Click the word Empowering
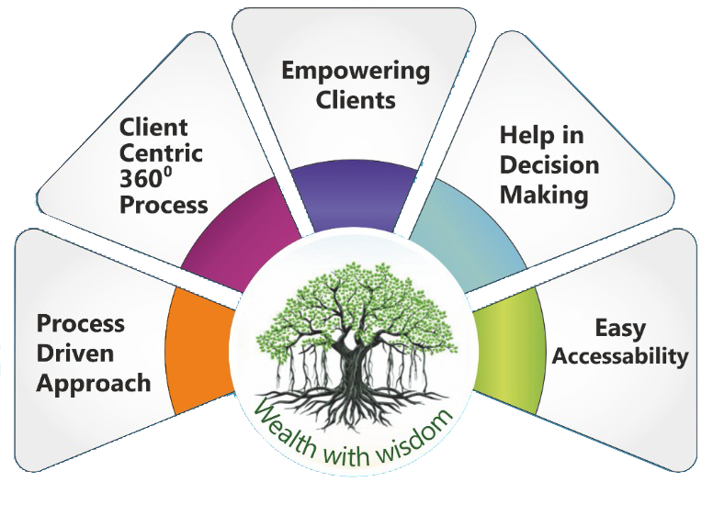coord(355,71)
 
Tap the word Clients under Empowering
coord(355,99)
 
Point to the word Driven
coord(76,353)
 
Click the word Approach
coord(94,382)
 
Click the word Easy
coord(620,328)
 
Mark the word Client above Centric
coord(153,126)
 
